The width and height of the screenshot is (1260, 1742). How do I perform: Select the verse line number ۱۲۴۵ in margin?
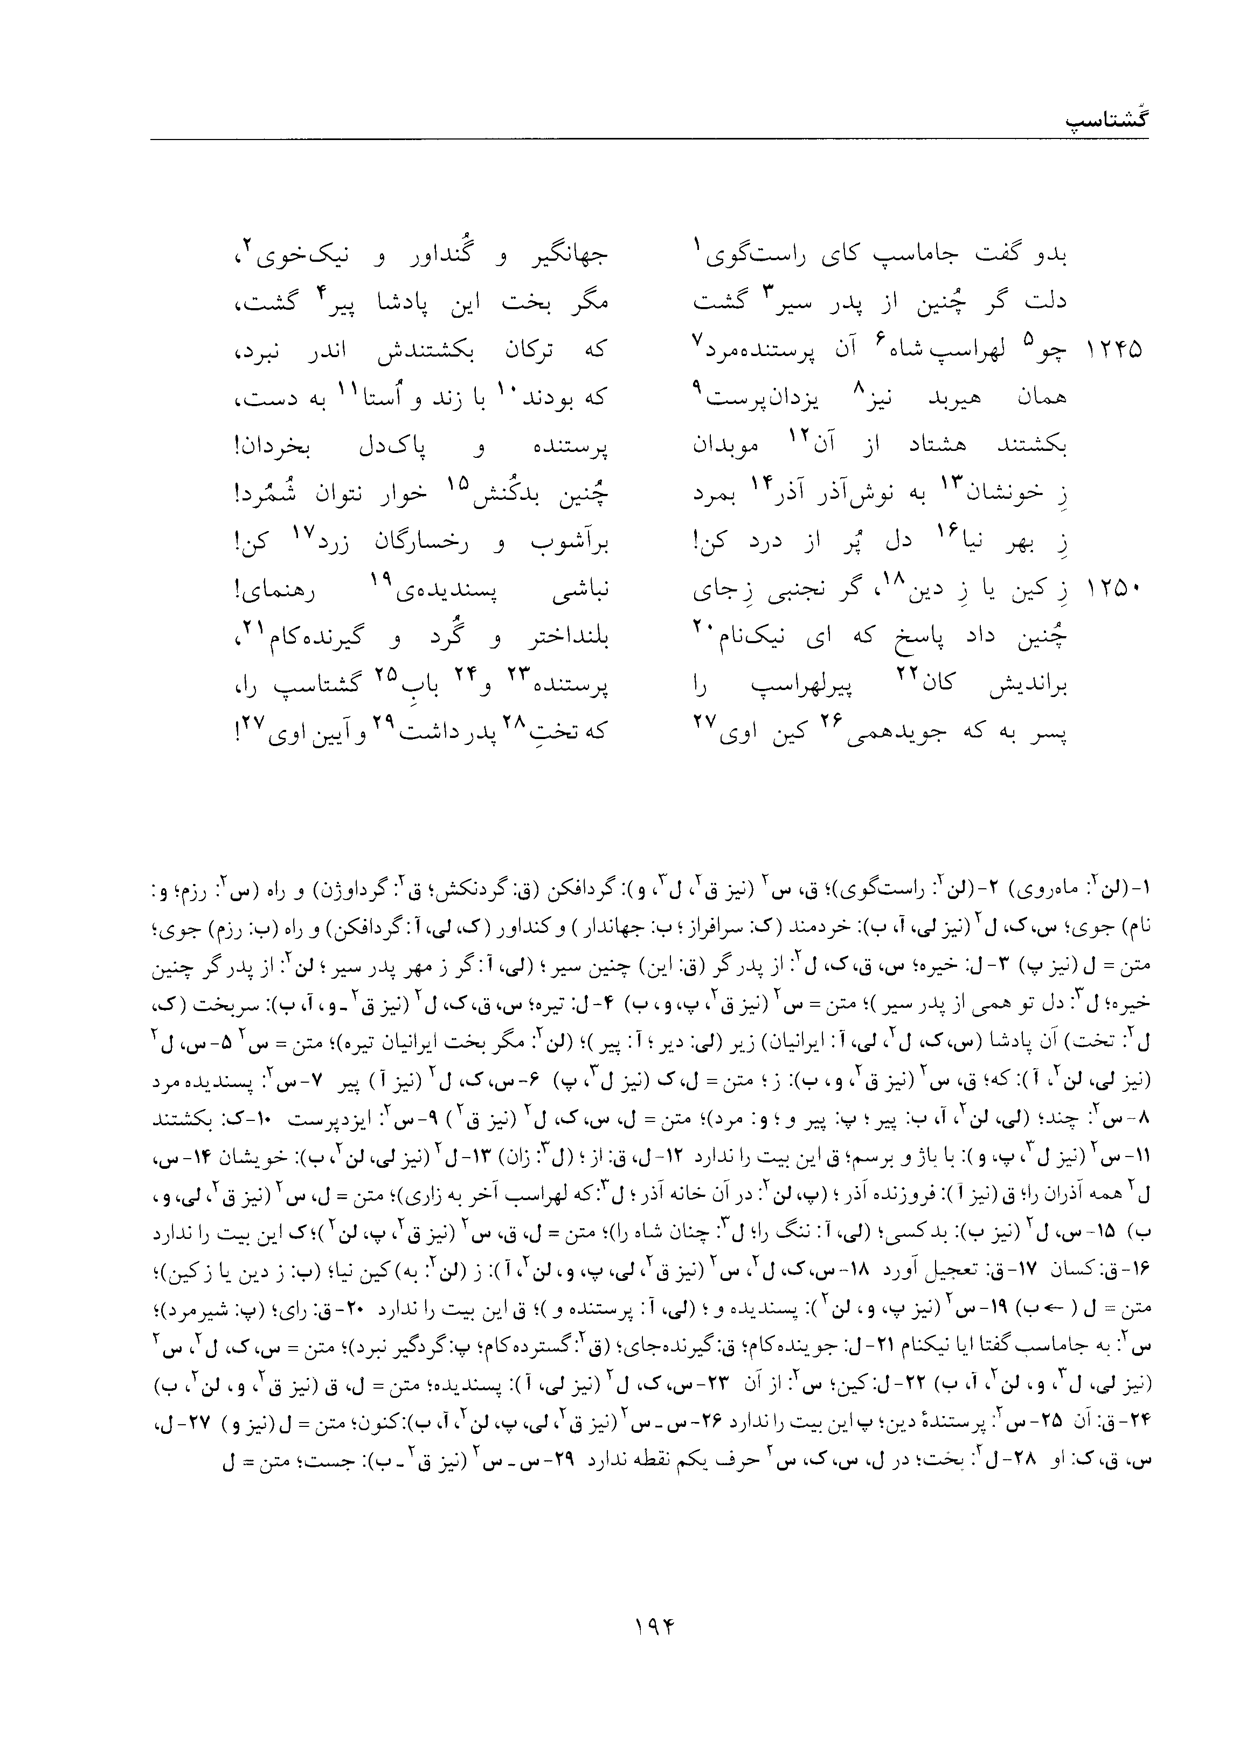(1114, 350)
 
